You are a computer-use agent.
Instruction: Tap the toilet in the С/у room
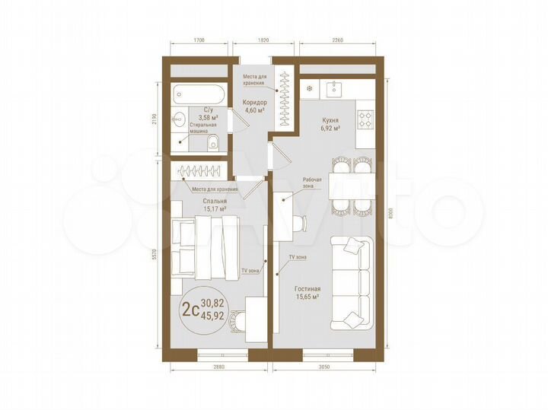213,141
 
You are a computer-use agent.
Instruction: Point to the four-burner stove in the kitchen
365,119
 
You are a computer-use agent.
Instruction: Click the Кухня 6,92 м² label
330,125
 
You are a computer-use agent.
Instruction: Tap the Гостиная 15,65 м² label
306,293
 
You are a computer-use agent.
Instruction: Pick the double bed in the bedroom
205,247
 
